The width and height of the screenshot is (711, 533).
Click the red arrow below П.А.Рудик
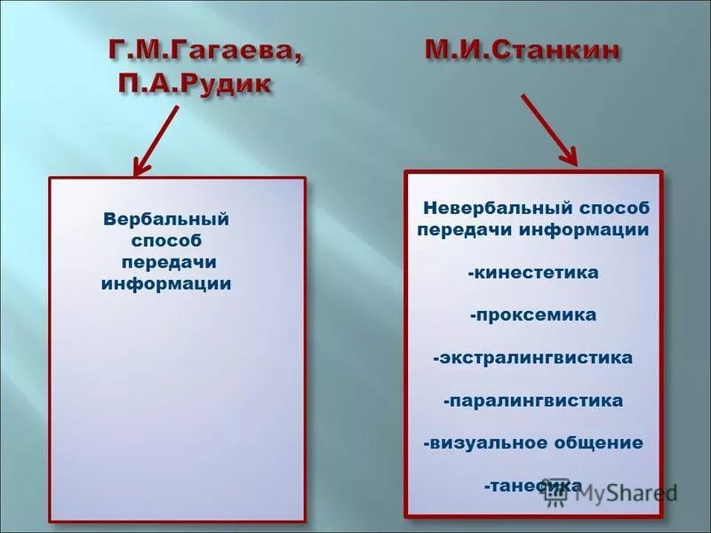click(x=157, y=139)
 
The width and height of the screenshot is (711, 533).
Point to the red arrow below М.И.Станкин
click(x=548, y=129)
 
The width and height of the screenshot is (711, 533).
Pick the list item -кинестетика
click(x=533, y=273)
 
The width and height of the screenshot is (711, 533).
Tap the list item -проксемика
click(x=533, y=315)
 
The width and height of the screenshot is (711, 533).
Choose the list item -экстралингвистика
click(x=533, y=358)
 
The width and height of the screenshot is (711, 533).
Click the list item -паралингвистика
click(x=533, y=401)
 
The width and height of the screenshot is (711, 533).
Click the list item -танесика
click(x=533, y=486)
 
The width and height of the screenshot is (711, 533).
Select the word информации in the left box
click(x=166, y=285)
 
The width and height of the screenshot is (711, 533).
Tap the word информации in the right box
click(x=596, y=230)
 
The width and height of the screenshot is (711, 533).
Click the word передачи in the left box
click(x=170, y=263)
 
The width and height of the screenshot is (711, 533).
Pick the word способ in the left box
click(x=166, y=241)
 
